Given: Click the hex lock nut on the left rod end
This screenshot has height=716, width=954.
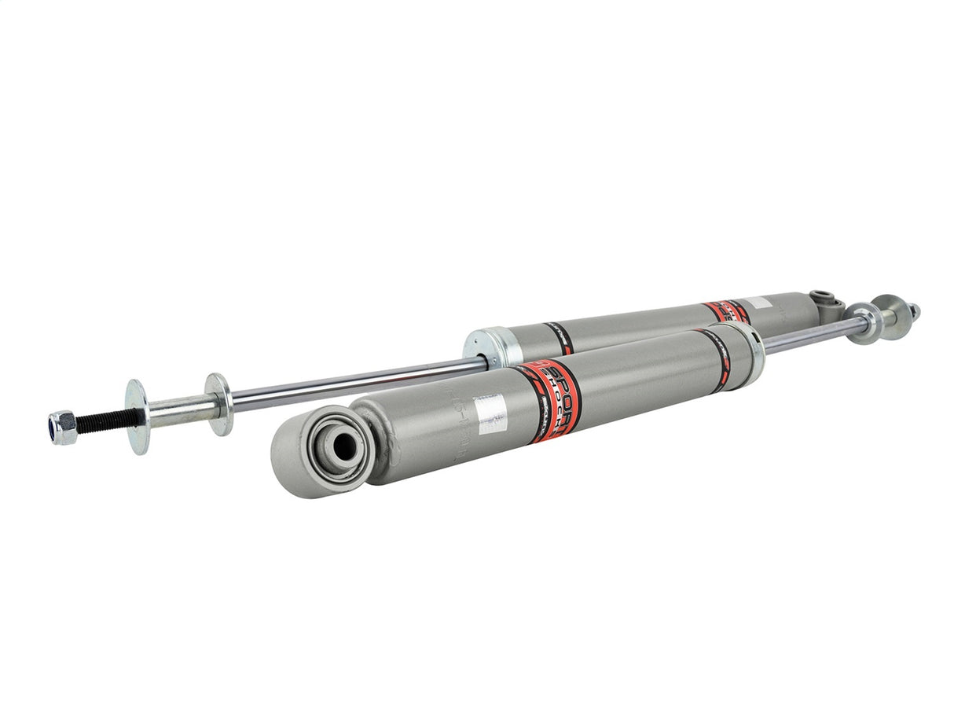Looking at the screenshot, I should point(63,428).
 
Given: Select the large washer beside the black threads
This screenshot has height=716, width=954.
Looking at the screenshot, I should point(137,416).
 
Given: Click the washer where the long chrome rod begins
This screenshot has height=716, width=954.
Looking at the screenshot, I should point(219,403).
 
